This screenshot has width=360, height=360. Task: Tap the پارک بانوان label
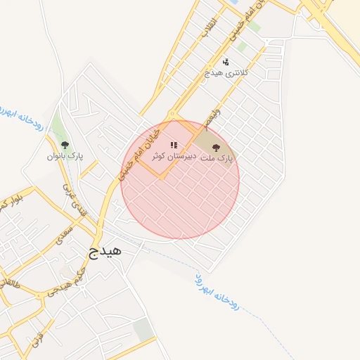click(x=65, y=156)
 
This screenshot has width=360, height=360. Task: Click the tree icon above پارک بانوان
click(x=65, y=146)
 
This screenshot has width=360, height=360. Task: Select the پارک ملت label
click(x=219, y=160)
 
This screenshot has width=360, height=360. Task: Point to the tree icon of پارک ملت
click(x=216, y=148)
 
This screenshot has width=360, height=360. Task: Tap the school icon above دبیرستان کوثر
click(x=173, y=146)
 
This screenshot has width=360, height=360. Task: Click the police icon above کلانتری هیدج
click(x=225, y=61)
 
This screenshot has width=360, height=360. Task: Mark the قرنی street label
click(x=34, y=340)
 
